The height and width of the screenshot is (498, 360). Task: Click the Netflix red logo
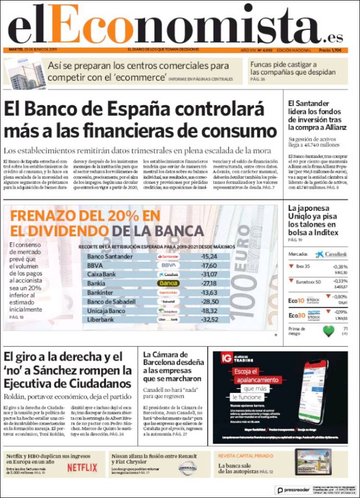point(82,467)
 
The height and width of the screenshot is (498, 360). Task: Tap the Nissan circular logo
point(187,467)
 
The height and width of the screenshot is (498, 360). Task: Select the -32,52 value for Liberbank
point(210,319)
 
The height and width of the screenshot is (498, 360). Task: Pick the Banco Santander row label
point(110,256)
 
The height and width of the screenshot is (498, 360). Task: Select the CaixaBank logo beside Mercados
point(331,254)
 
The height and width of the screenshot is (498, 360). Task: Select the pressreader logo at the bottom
point(294,490)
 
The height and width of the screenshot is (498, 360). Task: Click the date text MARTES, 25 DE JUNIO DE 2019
point(33,50)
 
